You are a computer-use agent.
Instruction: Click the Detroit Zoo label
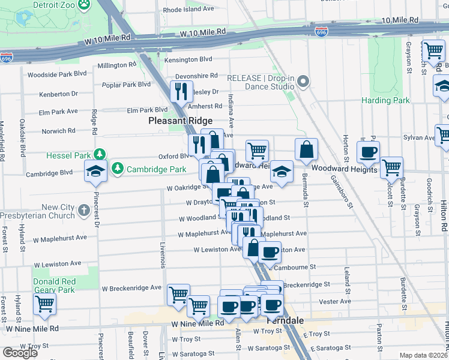52,4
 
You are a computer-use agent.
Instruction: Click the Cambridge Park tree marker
118,167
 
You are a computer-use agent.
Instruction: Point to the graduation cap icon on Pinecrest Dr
95,171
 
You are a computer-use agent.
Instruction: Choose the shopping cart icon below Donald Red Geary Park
44,304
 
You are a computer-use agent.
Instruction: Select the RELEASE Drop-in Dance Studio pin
303,82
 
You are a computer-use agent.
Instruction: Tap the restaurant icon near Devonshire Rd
180,91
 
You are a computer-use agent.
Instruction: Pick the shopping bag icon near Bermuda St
306,150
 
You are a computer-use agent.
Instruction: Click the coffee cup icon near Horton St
368,152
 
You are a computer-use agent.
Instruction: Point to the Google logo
20,353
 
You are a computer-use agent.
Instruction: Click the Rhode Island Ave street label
188,10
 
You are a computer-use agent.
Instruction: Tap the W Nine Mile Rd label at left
33,329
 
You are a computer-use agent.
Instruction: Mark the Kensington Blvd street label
189,59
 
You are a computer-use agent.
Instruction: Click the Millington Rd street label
117,65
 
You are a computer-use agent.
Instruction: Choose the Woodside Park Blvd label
57,74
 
